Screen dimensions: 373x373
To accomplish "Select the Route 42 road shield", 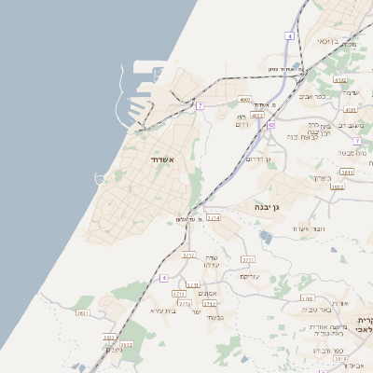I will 270,124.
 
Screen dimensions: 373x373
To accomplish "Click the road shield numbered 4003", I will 245,99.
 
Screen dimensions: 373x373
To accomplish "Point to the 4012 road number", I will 256,116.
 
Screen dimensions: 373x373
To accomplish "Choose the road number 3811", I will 347,172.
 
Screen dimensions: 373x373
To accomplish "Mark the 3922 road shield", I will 338,187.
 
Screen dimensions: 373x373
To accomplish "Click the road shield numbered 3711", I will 248,259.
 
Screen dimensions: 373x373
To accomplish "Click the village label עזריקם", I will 250,276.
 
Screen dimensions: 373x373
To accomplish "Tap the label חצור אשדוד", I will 307,228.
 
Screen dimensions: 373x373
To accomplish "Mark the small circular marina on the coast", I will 100,178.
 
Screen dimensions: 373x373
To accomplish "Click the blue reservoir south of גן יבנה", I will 269,239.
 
